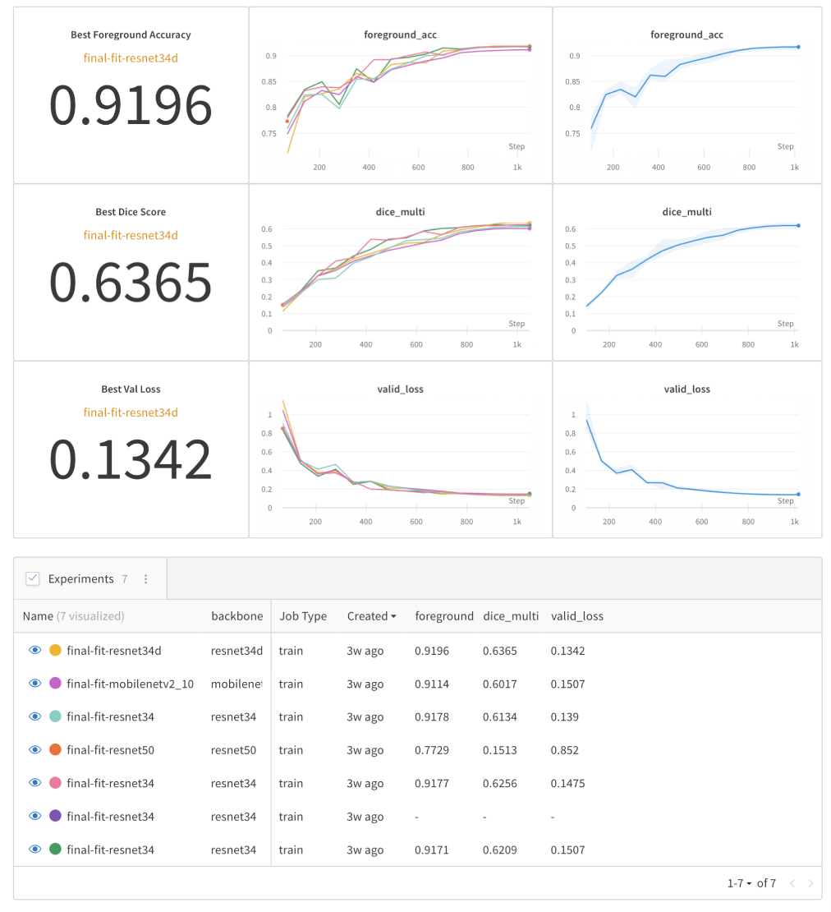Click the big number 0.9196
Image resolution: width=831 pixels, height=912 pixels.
pyautogui.click(x=131, y=105)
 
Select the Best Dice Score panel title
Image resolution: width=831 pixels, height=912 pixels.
pyautogui.click(x=131, y=212)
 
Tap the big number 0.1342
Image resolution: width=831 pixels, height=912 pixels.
pyautogui.click(x=131, y=460)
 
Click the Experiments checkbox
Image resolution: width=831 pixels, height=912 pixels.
pyautogui.click(x=33, y=578)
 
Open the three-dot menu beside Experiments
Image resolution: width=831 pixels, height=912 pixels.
pyautogui.click(x=146, y=578)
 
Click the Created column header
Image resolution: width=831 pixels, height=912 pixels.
pyautogui.click(x=371, y=616)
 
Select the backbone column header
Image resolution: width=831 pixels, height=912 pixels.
pyautogui.click(x=236, y=616)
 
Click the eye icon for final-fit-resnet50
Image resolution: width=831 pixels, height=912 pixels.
pyautogui.click(x=34, y=749)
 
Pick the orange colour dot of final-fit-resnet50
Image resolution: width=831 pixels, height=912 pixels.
pyautogui.click(x=55, y=749)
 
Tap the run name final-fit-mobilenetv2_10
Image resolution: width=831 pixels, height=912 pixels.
pyautogui.click(x=130, y=684)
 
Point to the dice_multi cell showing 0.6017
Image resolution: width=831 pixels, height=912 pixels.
pyautogui.click(x=500, y=684)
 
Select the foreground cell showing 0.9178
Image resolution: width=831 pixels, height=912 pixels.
pyautogui.click(x=432, y=716)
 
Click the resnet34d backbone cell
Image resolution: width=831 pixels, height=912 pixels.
pyautogui.click(x=236, y=651)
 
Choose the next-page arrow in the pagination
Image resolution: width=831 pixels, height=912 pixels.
pyautogui.click(x=810, y=883)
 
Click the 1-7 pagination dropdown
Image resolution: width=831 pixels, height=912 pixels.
pyautogui.click(x=739, y=883)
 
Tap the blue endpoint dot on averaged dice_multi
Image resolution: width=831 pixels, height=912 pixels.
pyautogui.click(x=798, y=225)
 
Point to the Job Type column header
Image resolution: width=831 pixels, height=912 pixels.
pyautogui.click(x=303, y=616)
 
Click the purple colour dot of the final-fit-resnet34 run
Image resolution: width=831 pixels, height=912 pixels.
pyautogui.click(x=55, y=816)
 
